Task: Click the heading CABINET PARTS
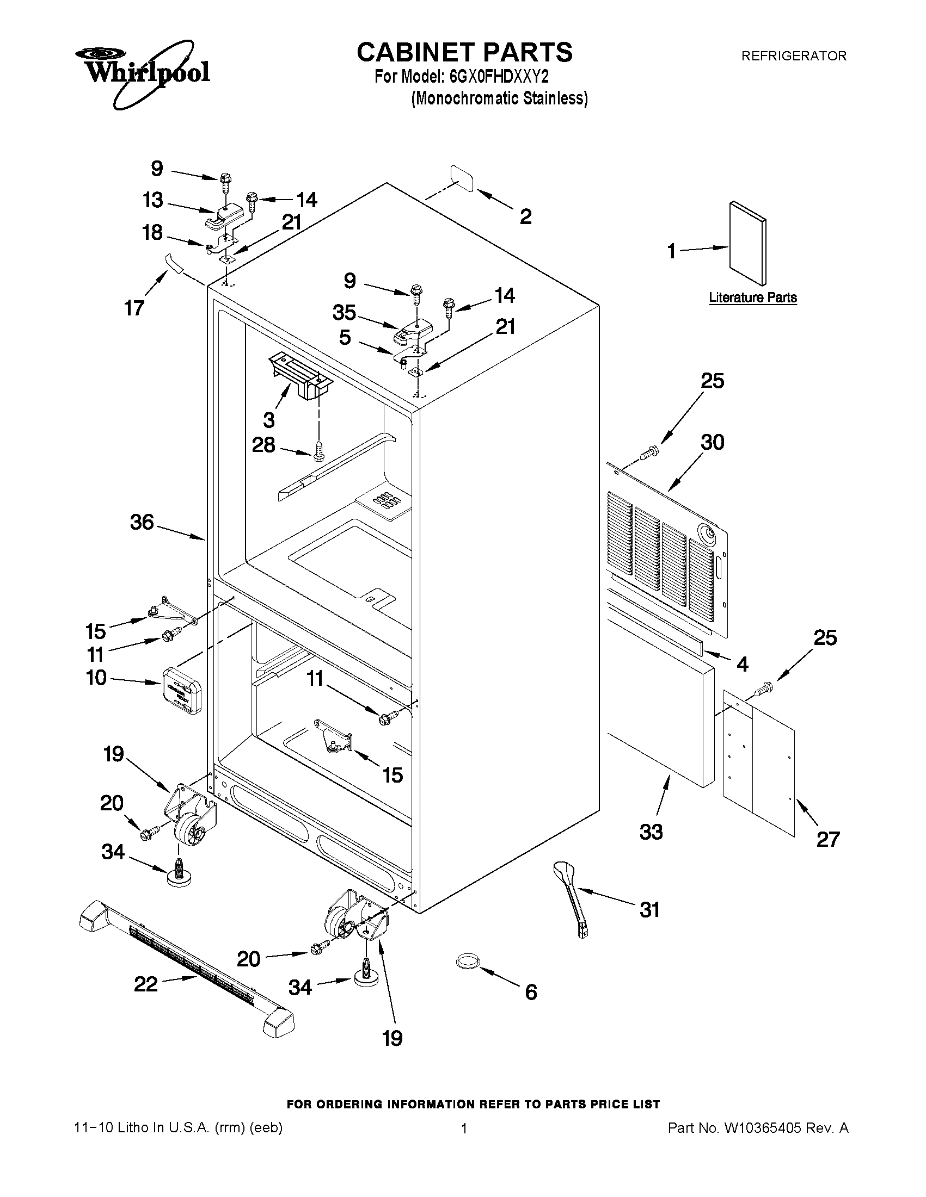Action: (464, 53)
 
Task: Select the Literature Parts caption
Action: (753, 297)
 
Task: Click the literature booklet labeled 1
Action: (747, 243)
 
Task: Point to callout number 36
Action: (142, 522)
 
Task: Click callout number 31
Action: (650, 910)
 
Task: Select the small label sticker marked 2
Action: (462, 178)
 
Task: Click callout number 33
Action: (651, 832)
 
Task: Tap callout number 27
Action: (827, 839)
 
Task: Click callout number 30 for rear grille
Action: (712, 442)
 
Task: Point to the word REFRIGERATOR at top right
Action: (793, 56)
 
